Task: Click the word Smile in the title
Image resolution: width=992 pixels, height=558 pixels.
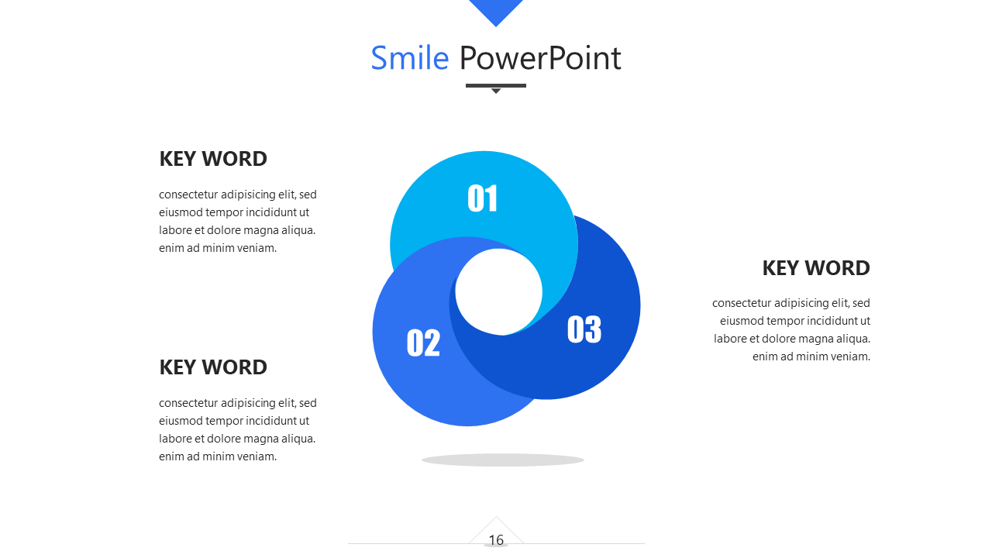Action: (x=410, y=58)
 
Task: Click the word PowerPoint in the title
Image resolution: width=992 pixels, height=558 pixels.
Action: (x=540, y=58)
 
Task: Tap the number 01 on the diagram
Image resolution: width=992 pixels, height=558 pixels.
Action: (x=483, y=198)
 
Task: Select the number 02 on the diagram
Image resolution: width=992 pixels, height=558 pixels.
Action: (x=423, y=343)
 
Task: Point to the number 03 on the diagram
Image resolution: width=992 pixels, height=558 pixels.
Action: (x=584, y=329)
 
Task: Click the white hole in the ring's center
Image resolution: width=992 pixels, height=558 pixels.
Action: (x=498, y=292)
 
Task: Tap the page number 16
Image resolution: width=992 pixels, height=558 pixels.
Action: (x=496, y=540)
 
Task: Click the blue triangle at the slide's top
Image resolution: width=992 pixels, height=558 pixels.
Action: (x=496, y=10)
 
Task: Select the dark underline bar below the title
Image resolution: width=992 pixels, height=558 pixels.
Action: (x=496, y=85)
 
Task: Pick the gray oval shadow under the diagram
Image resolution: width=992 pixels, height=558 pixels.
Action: (x=503, y=460)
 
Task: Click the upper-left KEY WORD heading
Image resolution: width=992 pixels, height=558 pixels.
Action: (x=213, y=159)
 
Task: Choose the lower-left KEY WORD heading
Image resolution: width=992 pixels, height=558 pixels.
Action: (x=213, y=367)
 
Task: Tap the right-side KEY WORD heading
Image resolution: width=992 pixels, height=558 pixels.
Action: (x=816, y=268)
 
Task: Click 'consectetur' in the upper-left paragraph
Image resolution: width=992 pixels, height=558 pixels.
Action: (x=188, y=195)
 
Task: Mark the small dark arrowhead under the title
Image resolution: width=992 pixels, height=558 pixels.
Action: (x=496, y=91)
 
